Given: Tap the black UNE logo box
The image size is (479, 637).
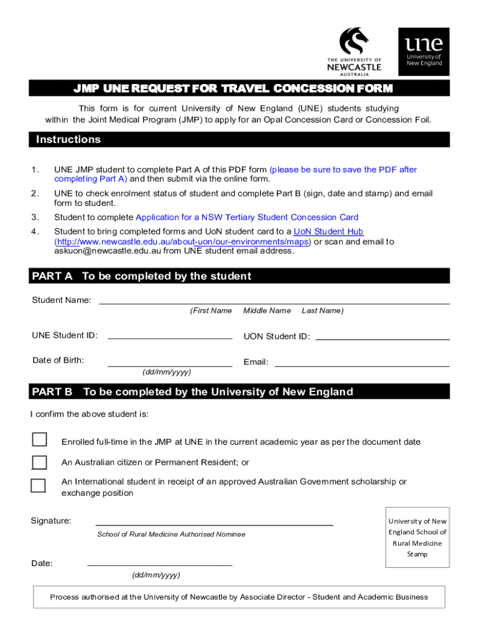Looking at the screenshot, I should click(424, 52).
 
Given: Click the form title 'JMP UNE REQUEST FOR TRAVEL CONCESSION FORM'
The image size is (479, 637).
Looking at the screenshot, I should click(234, 88).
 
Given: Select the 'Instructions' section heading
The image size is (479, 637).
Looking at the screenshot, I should click(68, 139).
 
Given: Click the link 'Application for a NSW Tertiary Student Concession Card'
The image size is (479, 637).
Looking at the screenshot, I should click(247, 217).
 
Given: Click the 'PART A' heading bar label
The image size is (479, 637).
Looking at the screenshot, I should click(53, 276).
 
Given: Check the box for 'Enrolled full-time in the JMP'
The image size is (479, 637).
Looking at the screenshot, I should click(39, 439).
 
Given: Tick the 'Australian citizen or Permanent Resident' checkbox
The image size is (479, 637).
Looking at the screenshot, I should click(39, 462).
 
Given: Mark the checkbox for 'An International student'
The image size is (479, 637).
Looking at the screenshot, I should click(39, 485).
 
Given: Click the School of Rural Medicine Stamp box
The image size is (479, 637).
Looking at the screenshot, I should click(417, 537).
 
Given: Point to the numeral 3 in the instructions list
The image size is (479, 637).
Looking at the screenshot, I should click(35, 217).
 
